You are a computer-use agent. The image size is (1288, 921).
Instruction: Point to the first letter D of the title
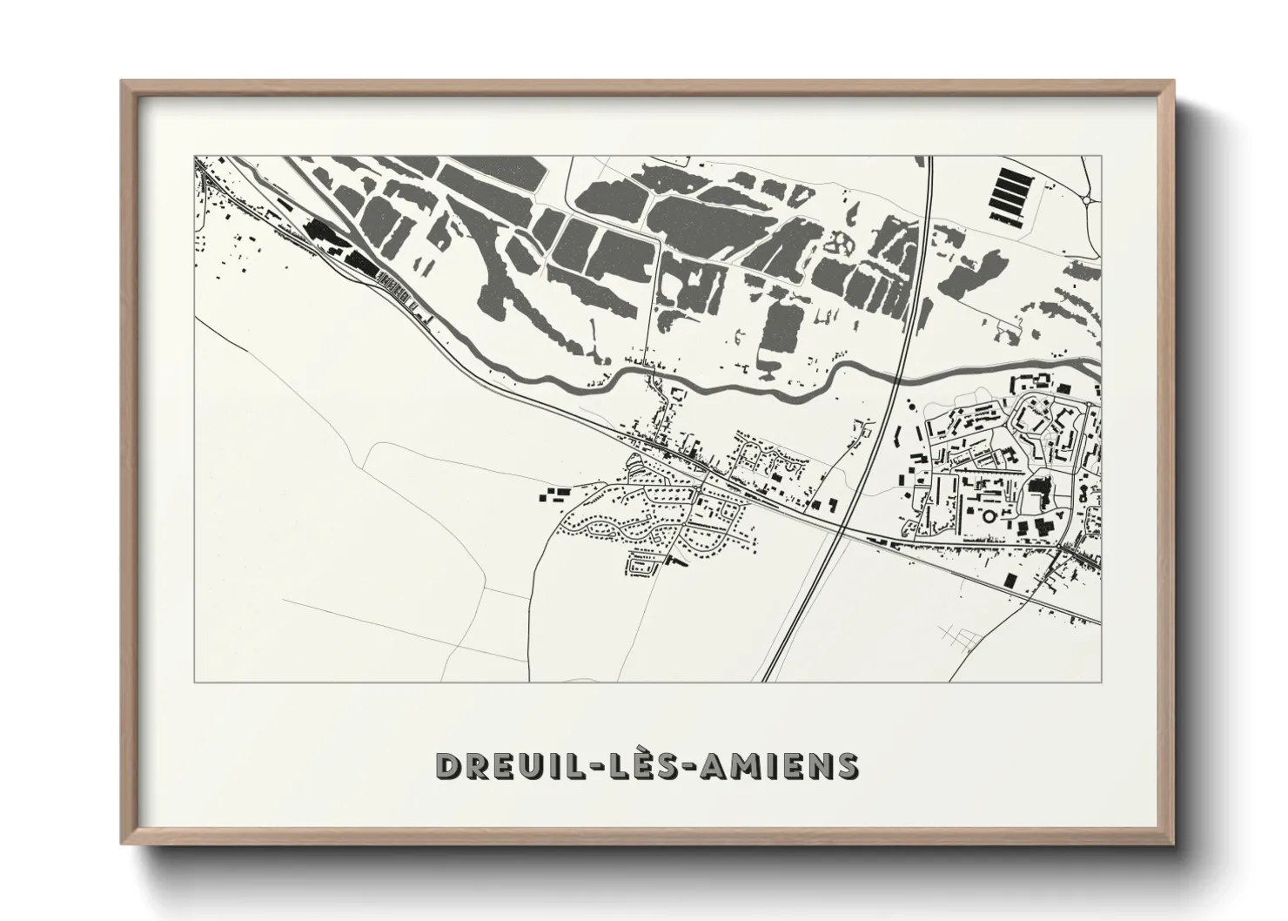[x=446, y=765]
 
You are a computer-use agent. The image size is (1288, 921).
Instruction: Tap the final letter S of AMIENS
[x=847, y=765]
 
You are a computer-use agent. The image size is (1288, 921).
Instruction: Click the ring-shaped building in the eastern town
[x=989, y=517]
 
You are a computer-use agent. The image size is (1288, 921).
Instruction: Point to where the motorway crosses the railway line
[x=842, y=528]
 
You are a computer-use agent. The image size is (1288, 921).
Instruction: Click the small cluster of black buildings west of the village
[x=553, y=496]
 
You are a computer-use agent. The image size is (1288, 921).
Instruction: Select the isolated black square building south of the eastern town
[x=1010, y=580]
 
